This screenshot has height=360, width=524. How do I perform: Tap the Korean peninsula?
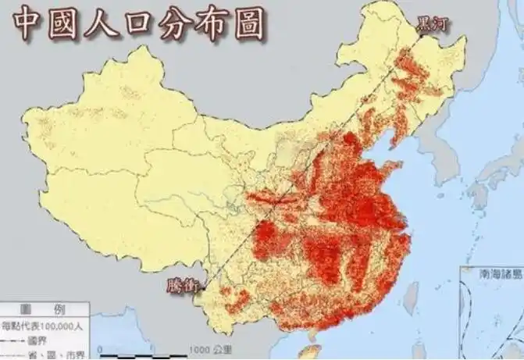tap(437, 156)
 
